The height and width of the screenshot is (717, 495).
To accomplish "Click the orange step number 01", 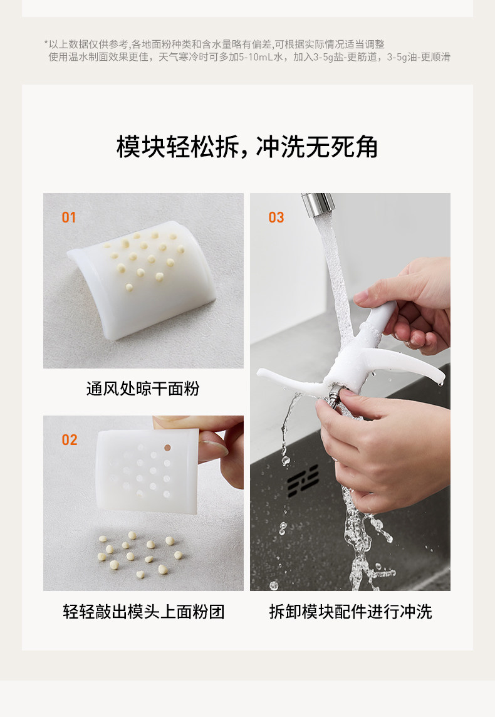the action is [68, 217].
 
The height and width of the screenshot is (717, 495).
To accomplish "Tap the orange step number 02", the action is [69, 440].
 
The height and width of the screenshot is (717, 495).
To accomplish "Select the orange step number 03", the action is [276, 217].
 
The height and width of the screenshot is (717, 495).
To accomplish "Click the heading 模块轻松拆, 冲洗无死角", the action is [247, 147].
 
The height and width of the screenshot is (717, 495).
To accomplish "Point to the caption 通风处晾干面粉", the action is [143, 389].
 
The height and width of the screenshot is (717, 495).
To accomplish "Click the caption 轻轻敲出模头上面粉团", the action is [143, 611].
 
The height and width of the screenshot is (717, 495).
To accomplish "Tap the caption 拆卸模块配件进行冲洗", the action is [350, 611].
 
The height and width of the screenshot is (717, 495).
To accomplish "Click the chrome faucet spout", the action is [318, 204].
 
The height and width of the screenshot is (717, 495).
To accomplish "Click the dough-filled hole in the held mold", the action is [167, 447].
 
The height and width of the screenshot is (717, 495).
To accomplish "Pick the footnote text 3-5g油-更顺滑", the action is [419, 57].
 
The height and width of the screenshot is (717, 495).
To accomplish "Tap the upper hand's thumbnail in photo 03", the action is [361, 296].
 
